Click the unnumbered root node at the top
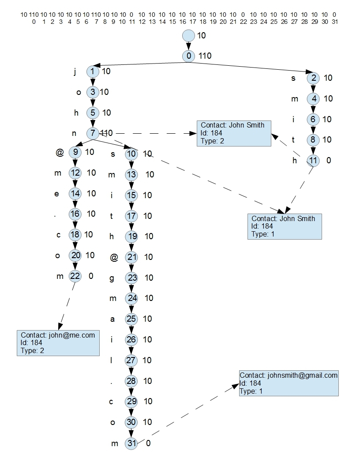pyautogui.click(x=188, y=35)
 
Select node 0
pyautogui.click(x=188, y=56)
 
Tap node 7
pyautogui.click(x=93, y=133)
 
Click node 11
pyautogui.click(x=313, y=161)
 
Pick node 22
pyautogui.click(x=75, y=276)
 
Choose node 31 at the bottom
pyautogui.click(x=131, y=443)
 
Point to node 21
pyautogui.click(x=131, y=257)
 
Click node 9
pyautogui.click(x=75, y=152)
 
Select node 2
pyautogui.click(x=313, y=78)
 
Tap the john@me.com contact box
pyautogui.click(x=58, y=342)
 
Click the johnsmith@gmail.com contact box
pyautogui.click(x=289, y=383)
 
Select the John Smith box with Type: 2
pyautogui.click(x=234, y=133)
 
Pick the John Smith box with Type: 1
pyautogui.click(x=285, y=226)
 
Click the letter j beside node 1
pyautogui.click(x=75, y=71)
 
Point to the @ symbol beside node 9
pyautogui.click(x=60, y=153)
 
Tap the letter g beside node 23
pyautogui.click(x=113, y=278)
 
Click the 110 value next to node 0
pyautogui.click(x=205, y=56)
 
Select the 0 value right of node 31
pyautogui.click(x=148, y=443)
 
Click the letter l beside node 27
pyautogui.click(x=111, y=361)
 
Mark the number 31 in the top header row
pyautogui.click(x=335, y=21)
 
